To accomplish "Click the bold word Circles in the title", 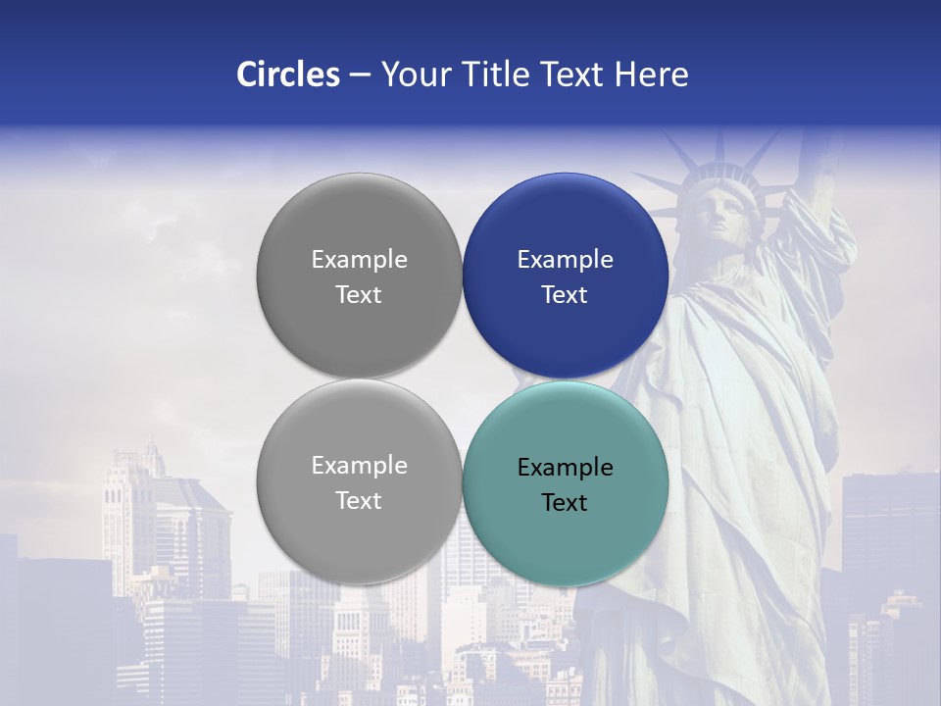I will click(x=288, y=75).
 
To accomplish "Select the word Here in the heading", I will click(x=651, y=75).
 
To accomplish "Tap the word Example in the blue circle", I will click(x=565, y=260).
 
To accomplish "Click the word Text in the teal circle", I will click(x=565, y=503).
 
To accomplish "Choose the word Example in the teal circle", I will click(x=565, y=468).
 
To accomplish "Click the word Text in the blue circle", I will click(x=565, y=295).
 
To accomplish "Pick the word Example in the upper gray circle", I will click(x=359, y=260).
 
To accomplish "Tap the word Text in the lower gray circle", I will click(x=359, y=501).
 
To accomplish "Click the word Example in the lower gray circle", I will click(x=359, y=466).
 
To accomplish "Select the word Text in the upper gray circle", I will click(x=359, y=295).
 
